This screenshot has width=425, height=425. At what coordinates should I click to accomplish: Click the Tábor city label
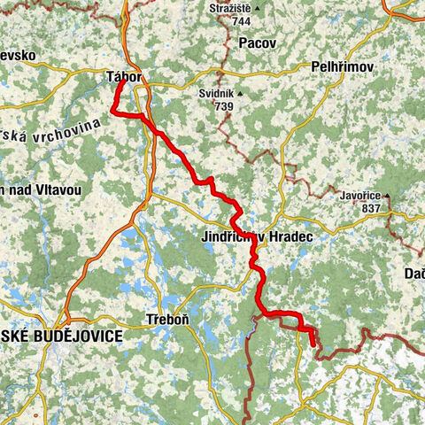click(124, 77)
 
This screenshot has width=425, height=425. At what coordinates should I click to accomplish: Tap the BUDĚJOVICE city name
click(75, 337)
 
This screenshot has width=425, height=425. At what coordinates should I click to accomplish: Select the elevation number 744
click(241, 20)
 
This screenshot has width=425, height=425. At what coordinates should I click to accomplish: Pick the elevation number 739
click(222, 105)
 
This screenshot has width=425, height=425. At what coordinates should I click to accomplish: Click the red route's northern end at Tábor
click(120, 84)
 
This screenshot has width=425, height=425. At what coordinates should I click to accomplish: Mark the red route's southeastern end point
click(313, 342)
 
